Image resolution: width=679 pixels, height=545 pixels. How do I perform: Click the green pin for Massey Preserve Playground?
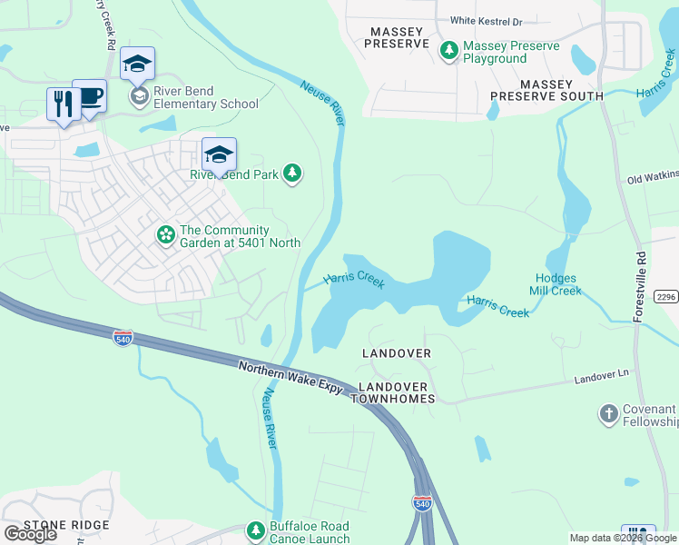click(x=448, y=51)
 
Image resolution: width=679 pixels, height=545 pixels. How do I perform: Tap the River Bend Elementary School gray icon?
click(x=139, y=96)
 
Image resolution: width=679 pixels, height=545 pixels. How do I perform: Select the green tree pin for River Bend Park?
click(x=291, y=173)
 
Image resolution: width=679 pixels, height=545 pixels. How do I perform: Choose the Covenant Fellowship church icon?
click(x=609, y=415)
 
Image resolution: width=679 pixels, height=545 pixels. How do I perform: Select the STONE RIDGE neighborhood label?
click(x=66, y=525)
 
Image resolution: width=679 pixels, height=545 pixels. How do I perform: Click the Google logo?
click(x=30, y=534)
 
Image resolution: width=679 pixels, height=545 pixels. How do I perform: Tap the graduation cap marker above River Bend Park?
click(x=219, y=154)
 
